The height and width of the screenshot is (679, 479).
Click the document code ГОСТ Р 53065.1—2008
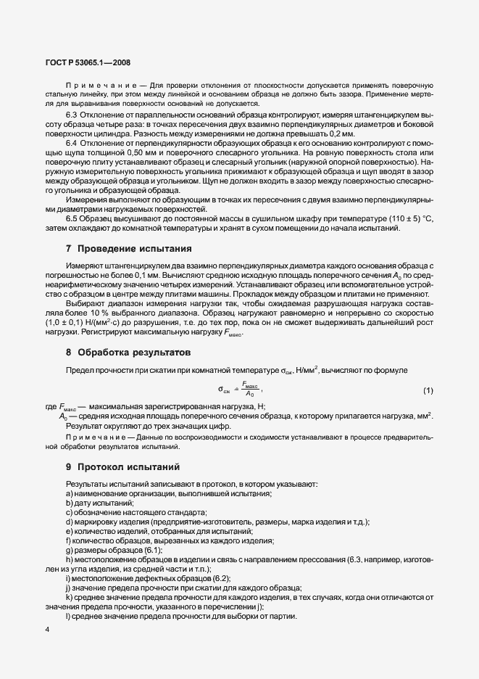pyautogui.click(x=88, y=63)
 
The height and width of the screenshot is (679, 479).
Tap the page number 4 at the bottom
pyautogui.click(x=46, y=629)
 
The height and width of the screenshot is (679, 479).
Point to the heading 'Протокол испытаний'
pyautogui.click(x=128, y=466)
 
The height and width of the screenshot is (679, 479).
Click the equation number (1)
pyautogui.click(x=428, y=391)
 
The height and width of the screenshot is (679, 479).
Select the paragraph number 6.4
pyautogui.click(x=72, y=145)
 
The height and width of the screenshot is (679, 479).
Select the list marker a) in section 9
pyautogui.click(x=69, y=493)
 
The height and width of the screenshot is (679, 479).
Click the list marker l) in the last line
pyautogui.click(x=68, y=596)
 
